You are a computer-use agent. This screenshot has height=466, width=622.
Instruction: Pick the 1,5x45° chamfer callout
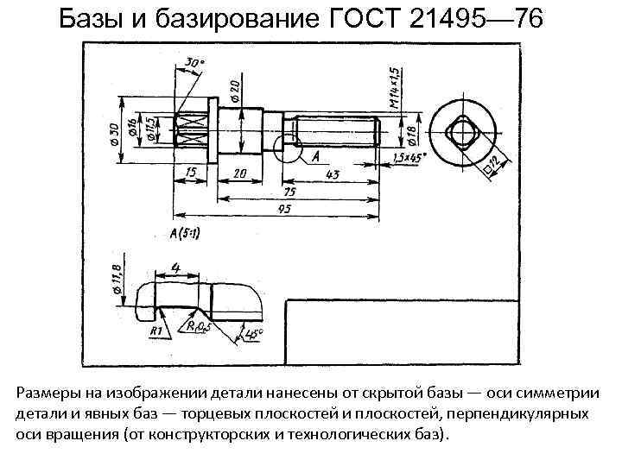[405, 158]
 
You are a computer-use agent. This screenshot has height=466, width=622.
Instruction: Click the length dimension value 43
[333, 173]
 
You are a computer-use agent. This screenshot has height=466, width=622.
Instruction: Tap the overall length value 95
[283, 209]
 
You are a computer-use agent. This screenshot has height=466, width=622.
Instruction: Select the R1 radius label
[156, 331]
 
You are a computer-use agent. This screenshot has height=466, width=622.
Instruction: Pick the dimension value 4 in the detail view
[175, 268]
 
